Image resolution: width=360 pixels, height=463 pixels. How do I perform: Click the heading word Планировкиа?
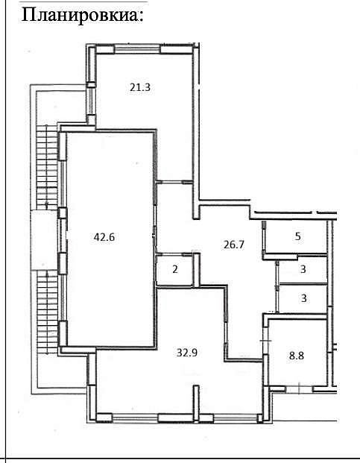(x=82, y=15)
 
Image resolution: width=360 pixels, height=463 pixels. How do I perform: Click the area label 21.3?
(x=140, y=87)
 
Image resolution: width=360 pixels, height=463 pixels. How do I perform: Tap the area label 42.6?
(x=104, y=237)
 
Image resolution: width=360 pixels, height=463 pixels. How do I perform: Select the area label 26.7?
(x=234, y=245)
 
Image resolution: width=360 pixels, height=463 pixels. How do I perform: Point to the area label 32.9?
(x=187, y=353)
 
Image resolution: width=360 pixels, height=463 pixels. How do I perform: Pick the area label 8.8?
(x=297, y=356)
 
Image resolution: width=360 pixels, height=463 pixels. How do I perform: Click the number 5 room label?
(x=297, y=236)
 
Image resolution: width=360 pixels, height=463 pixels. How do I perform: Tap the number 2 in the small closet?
(x=175, y=269)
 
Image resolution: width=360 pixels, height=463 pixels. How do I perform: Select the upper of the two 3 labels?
(x=303, y=269)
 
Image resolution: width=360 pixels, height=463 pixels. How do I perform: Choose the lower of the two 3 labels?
(x=304, y=298)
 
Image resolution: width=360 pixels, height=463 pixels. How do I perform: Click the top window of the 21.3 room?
(x=137, y=50)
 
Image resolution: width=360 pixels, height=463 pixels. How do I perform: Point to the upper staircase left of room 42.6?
(x=47, y=168)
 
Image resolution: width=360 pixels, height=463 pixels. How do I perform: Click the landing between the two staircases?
(x=44, y=240)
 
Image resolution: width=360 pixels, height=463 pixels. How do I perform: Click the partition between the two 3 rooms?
(x=303, y=284)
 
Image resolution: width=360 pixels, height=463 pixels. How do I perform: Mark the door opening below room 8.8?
(x=300, y=389)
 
